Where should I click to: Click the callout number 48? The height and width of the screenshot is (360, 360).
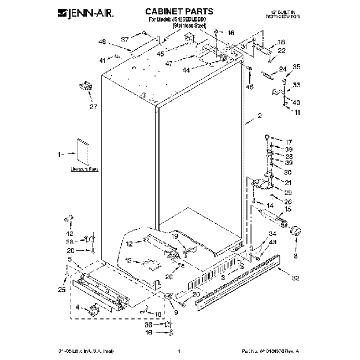coord(102,42)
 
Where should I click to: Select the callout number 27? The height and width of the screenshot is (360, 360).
coord(92,107)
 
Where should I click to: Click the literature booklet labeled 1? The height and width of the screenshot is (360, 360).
coord(85,151)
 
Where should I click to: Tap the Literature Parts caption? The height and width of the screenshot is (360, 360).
coord(84,169)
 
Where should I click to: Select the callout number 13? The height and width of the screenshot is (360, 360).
coord(128,260)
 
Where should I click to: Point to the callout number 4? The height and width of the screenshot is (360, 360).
coord(77,307)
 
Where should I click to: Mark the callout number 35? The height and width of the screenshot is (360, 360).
coord(296,67)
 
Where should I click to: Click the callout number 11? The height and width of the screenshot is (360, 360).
coord(297,112)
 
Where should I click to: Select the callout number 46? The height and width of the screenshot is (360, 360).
coord(250,88)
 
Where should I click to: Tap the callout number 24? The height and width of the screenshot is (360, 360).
coord(282,70)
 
